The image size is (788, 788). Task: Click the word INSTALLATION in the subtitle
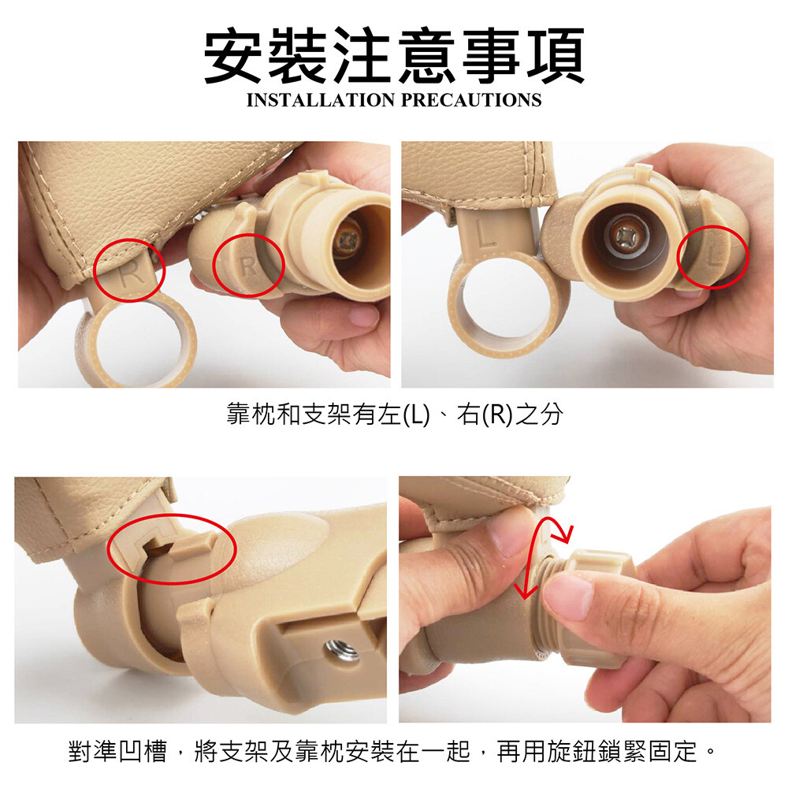pyautogui.click(x=321, y=99)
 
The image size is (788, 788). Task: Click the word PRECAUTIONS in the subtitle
pyautogui.click(x=471, y=99)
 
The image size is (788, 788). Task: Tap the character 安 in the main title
pyautogui.click(x=232, y=55)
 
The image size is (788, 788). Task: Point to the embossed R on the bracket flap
pyautogui.click(x=247, y=266)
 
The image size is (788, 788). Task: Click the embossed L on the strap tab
pyautogui.click(x=485, y=235)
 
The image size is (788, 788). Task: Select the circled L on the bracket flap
pyautogui.click(x=713, y=258)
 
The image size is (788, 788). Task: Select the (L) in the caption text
pyautogui.click(x=417, y=414)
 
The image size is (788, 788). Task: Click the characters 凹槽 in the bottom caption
pyautogui.click(x=143, y=751)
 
